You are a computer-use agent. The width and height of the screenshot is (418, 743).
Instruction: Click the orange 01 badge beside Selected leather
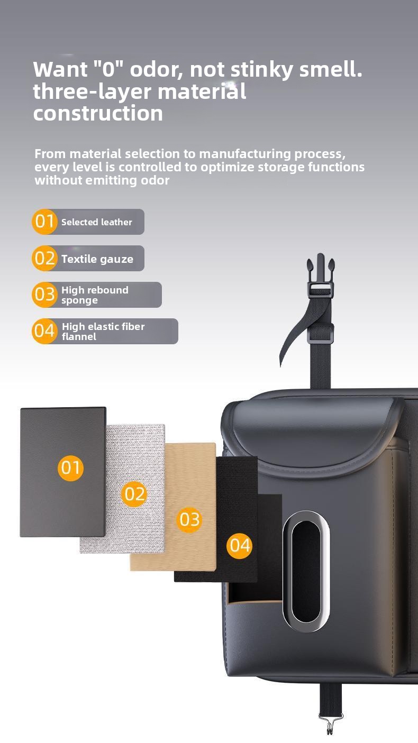[x=44, y=222]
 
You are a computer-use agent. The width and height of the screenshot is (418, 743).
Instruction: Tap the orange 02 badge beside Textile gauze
[x=44, y=258]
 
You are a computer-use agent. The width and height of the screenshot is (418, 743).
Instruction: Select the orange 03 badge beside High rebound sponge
[x=44, y=295]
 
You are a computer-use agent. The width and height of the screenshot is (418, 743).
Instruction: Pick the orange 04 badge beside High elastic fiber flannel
[x=44, y=331]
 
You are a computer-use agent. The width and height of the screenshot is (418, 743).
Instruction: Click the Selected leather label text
[x=96, y=222]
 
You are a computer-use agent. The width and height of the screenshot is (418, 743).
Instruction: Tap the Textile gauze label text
[x=97, y=259]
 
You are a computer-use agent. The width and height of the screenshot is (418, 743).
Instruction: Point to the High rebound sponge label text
[x=95, y=295]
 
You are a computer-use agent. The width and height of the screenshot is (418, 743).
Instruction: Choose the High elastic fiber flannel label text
[x=103, y=332]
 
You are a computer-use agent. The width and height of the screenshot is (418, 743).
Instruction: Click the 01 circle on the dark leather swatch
[x=70, y=467]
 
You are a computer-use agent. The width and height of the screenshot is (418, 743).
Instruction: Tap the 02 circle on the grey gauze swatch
[x=134, y=494]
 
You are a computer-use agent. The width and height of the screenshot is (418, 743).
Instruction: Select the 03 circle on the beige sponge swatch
[x=189, y=520]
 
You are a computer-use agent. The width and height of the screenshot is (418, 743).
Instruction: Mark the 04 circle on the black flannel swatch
[x=240, y=546]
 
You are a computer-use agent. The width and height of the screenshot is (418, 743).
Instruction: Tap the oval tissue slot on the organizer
[x=306, y=571]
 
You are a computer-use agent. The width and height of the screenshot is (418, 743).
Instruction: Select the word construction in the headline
[x=98, y=113]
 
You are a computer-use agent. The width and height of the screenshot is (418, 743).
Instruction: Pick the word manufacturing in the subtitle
[x=245, y=154]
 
